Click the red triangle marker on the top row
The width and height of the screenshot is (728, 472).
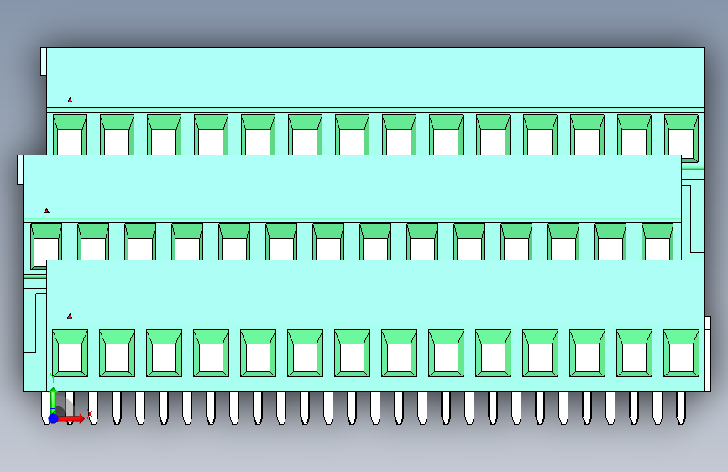click(x=70, y=101)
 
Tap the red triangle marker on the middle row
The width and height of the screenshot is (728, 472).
click(x=46, y=211)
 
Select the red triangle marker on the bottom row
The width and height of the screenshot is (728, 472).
click(x=70, y=317)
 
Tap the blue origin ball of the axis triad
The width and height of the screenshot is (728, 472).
click(x=53, y=418)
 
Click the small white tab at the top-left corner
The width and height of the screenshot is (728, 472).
click(x=43, y=61)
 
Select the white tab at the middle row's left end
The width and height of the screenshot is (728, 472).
click(x=19, y=169)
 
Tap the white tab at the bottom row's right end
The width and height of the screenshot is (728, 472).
click(x=708, y=323)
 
